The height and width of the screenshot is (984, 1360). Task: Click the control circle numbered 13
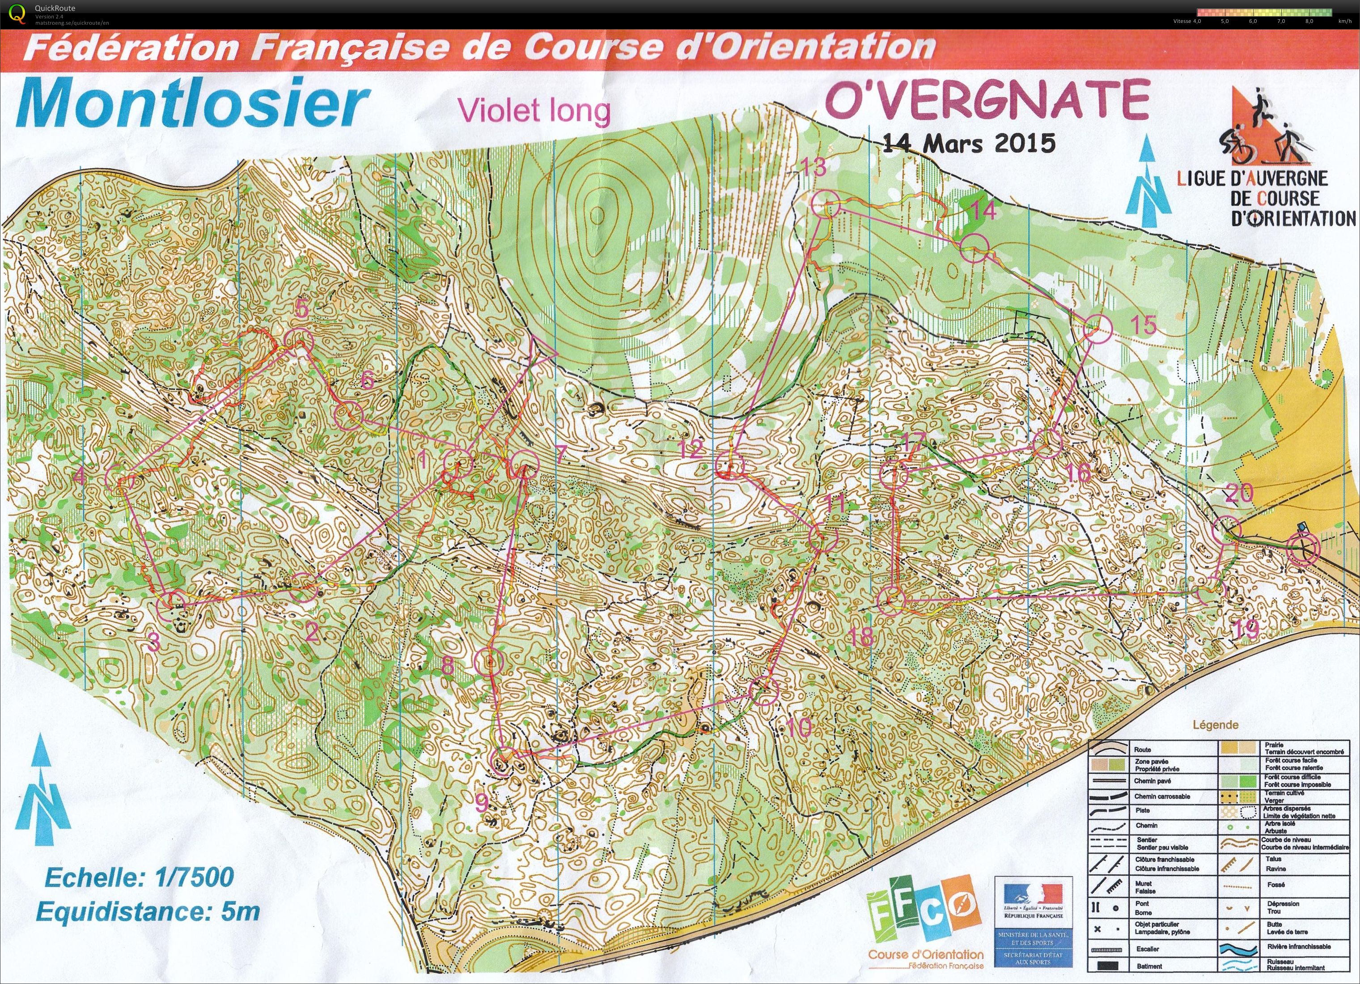[825, 204]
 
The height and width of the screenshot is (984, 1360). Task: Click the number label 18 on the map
[861, 637]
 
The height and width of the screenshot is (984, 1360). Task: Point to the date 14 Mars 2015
[968, 143]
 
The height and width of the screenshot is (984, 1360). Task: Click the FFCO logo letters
[924, 910]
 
